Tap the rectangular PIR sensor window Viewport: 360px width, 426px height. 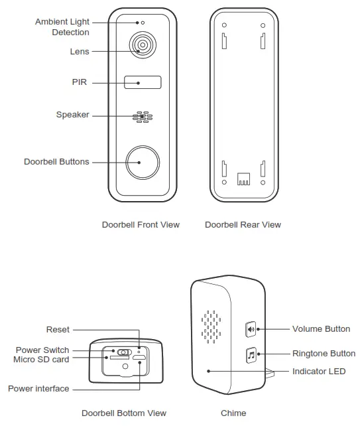[143, 83]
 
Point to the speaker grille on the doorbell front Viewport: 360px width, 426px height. [142, 117]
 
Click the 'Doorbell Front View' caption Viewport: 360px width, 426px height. [141, 225]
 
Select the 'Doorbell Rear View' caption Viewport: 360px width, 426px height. [243, 225]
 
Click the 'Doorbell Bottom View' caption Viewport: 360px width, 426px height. [124, 413]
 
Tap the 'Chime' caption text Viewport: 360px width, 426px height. [233, 413]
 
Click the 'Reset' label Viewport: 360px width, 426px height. [58, 330]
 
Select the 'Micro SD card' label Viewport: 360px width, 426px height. [41, 360]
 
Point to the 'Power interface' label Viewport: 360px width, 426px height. [38, 388]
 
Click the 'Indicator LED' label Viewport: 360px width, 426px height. [319, 372]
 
